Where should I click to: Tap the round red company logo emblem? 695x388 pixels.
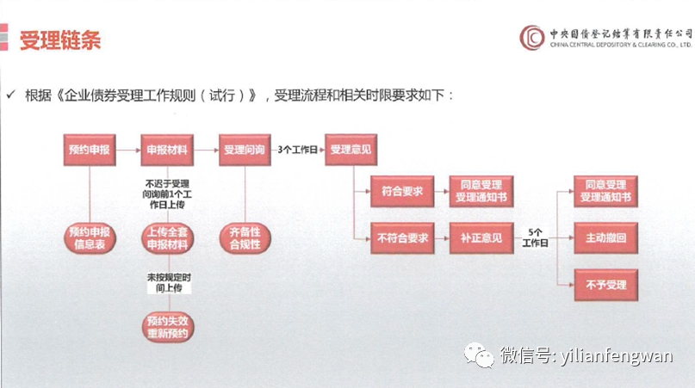click(x=531, y=37)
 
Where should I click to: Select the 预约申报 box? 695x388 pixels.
click(x=89, y=149)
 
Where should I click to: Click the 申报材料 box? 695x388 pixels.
click(x=167, y=149)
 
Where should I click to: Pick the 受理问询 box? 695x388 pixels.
click(x=245, y=149)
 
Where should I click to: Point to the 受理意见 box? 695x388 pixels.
click(x=351, y=149)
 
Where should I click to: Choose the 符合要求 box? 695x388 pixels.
click(x=401, y=192)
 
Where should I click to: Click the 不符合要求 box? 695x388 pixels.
click(x=401, y=238)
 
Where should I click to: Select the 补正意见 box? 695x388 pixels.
click(x=481, y=238)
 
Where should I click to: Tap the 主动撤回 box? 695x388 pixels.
click(x=605, y=238)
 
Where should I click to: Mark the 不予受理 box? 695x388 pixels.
click(x=605, y=285)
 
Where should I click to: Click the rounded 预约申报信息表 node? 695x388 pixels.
click(x=89, y=238)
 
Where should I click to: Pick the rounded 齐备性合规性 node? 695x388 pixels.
click(x=245, y=238)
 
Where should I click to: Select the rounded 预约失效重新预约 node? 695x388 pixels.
click(x=167, y=327)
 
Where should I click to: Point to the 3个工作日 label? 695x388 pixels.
click(x=295, y=149)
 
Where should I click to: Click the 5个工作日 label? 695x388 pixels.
click(x=535, y=238)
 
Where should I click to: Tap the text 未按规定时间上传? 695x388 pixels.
click(x=167, y=284)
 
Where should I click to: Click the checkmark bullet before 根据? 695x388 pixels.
click(x=11, y=94)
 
